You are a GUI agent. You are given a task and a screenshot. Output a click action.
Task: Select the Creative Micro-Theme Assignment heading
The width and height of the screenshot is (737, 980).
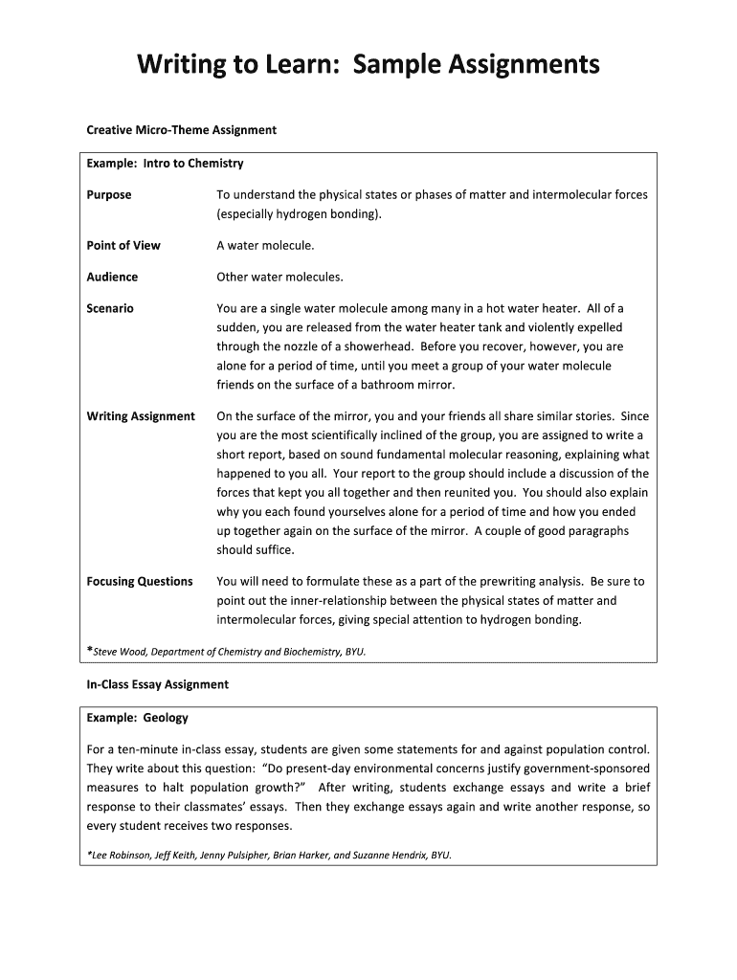pyautogui.click(x=181, y=129)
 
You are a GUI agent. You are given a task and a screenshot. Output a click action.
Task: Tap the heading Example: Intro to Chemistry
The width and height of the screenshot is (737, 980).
pyautogui.click(x=165, y=164)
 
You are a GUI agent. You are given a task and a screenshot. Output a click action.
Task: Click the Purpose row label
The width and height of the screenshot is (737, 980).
pyautogui.click(x=109, y=195)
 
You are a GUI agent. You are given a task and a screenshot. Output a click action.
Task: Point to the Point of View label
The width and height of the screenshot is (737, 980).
pyautogui.click(x=123, y=246)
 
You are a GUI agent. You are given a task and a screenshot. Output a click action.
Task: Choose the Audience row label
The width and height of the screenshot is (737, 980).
pyautogui.click(x=112, y=278)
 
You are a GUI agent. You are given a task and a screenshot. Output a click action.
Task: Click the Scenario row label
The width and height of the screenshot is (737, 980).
pyautogui.click(x=110, y=309)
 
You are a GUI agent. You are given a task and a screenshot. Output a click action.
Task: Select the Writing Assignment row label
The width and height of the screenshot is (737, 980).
pyautogui.click(x=141, y=416)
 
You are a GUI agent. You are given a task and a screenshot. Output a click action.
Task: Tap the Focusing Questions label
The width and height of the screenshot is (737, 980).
pyautogui.click(x=140, y=582)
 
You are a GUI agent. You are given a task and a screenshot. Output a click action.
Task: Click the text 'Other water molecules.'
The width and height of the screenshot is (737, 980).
pyautogui.click(x=279, y=278)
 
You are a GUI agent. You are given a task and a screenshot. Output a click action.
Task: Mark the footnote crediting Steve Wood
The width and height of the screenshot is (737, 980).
pyautogui.click(x=227, y=653)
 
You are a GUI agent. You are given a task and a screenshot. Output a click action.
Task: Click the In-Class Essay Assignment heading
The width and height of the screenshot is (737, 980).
pyautogui.click(x=158, y=685)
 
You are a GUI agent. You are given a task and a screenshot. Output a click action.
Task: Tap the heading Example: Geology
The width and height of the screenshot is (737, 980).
pyautogui.click(x=137, y=718)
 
